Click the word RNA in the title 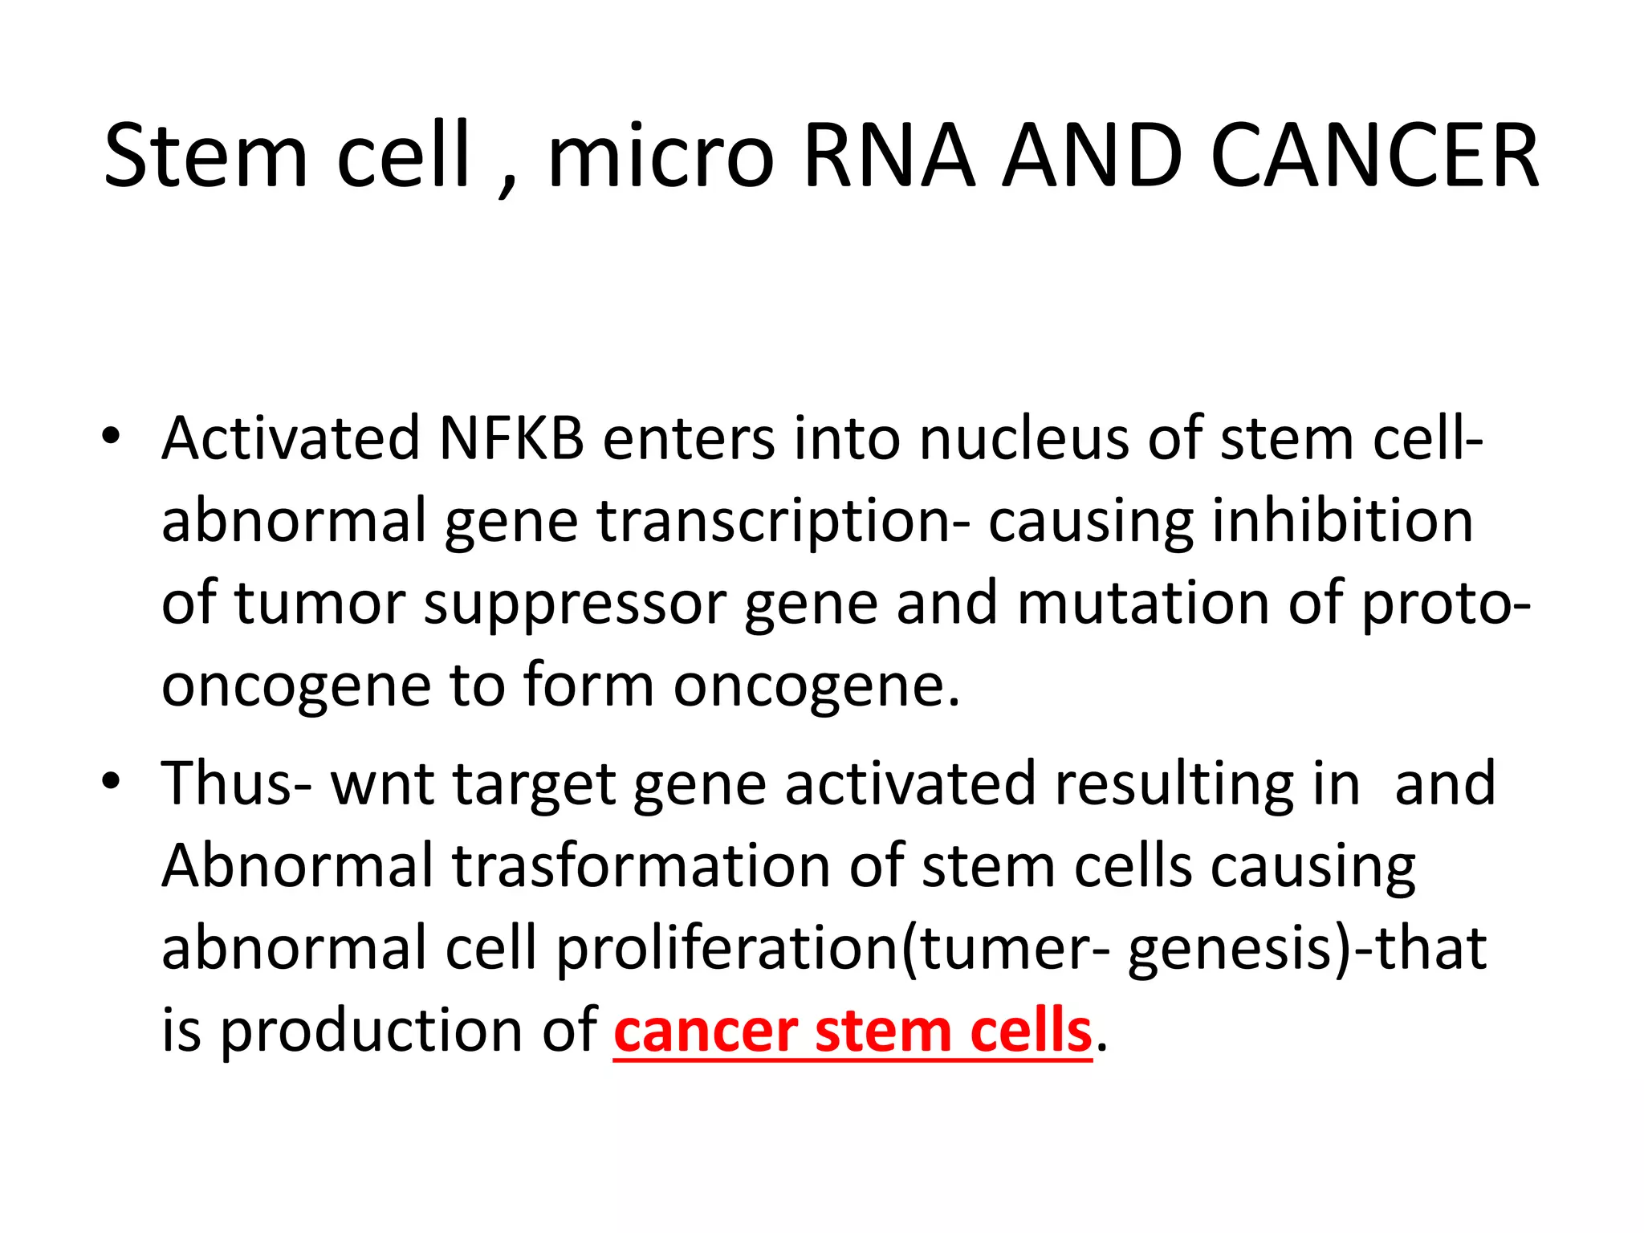click(889, 156)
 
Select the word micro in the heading click(661, 156)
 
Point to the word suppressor click(575, 605)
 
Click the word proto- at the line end click(1446, 605)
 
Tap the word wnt click(382, 784)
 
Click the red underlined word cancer click(706, 1032)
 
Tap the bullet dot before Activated click(111, 437)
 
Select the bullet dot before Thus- click(111, 780)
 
